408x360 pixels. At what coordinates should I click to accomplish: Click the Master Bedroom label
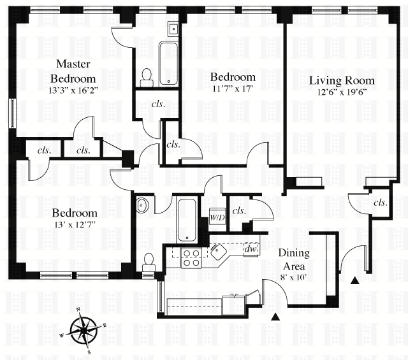click(73, 71)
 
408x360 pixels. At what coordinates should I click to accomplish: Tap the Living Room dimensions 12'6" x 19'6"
click(341, 92)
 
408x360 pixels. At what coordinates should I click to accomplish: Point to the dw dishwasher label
click(250, 248)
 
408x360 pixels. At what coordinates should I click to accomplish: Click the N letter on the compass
click(78, 309)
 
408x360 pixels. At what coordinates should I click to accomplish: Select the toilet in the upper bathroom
click(147, 77)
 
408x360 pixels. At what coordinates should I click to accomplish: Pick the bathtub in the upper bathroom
click(168, 62)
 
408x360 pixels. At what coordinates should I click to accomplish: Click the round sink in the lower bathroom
click(142, 205)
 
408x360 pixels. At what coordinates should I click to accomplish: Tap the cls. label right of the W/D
click(239, 211)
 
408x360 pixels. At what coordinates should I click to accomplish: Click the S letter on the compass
click(90, 351)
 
